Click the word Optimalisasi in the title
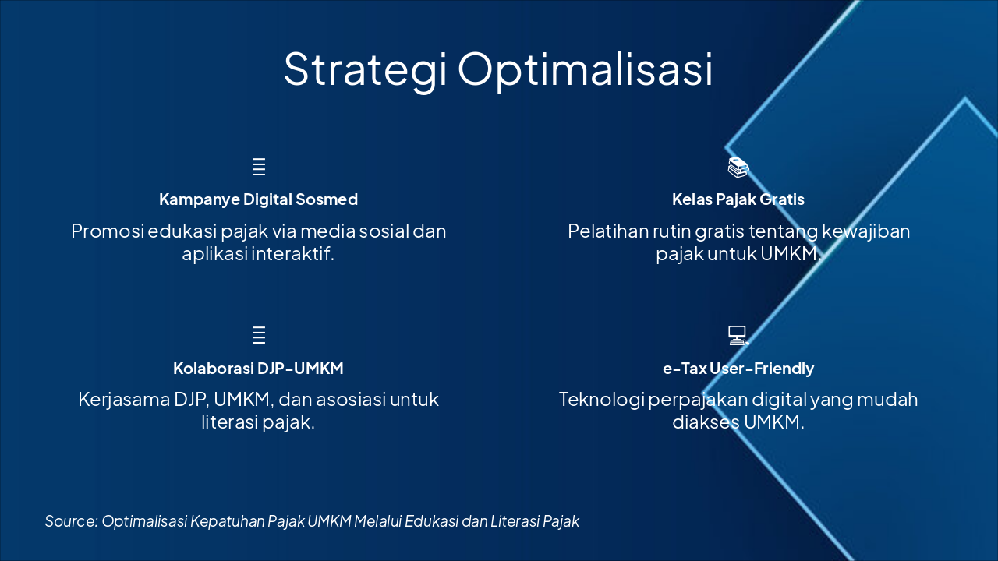(585, 70)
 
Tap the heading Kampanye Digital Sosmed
(258, 199)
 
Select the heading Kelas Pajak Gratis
(738, 199)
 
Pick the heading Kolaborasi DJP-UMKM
(258, 368)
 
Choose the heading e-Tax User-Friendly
(738, 368)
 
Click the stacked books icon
(738, 167)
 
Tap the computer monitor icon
(738, 335)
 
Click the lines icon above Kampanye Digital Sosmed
(259, 167)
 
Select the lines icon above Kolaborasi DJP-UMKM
(259, 335)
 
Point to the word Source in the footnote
(70, 521)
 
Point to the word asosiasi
(350, 400)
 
